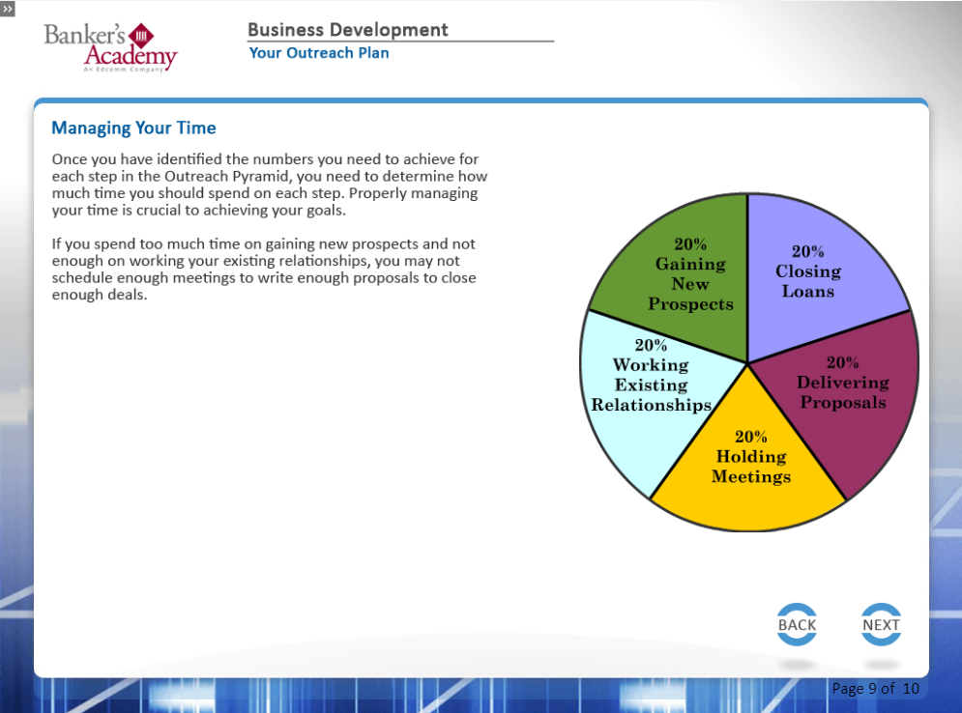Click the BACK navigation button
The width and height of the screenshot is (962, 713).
797,625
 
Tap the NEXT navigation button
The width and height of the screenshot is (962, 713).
881,625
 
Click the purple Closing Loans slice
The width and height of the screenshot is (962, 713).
816,270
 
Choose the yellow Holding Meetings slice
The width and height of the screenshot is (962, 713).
748,472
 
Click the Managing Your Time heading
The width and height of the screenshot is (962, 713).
133,128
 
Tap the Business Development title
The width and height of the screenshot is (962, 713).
348,29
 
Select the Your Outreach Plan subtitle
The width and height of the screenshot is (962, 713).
319,53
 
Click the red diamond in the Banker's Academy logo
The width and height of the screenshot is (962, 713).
142,36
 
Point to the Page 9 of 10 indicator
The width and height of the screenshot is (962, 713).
876,689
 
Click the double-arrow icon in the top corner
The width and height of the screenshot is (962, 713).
8,9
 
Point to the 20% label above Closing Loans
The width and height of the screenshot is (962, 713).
807,251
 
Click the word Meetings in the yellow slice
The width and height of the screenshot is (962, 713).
751,476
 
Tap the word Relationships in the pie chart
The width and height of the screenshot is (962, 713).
651,405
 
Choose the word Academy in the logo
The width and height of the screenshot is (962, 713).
131,56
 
